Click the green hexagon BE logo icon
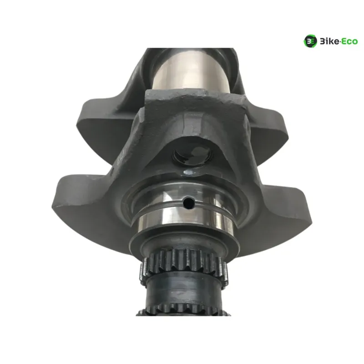tap(310, 41)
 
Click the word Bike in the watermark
tap(329, 41)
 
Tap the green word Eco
tap(350, 41)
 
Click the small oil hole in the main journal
tap(188, 202)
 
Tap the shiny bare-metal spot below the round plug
tap(190, 172)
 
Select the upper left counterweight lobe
tap(105, 126)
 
